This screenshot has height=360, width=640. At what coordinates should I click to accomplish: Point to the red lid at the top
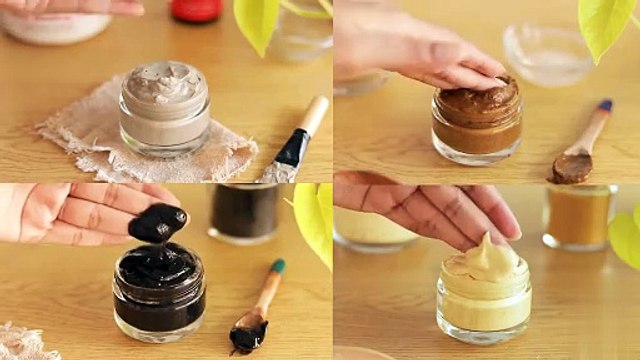tap(196, 10)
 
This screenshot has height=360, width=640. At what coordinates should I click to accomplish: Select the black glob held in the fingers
tap(157, 222)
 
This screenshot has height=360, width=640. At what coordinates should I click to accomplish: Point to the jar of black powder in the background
tap(244, 213)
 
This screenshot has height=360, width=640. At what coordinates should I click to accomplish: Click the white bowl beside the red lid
tap(55, 24)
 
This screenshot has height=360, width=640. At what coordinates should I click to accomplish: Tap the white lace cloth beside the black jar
tap(25, 342)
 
